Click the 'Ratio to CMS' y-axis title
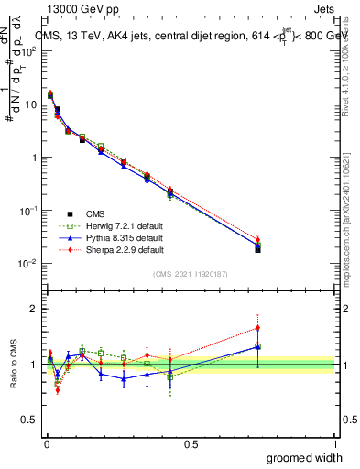click(x=12, y=363)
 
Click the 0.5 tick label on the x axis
click(x=191, y=442)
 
